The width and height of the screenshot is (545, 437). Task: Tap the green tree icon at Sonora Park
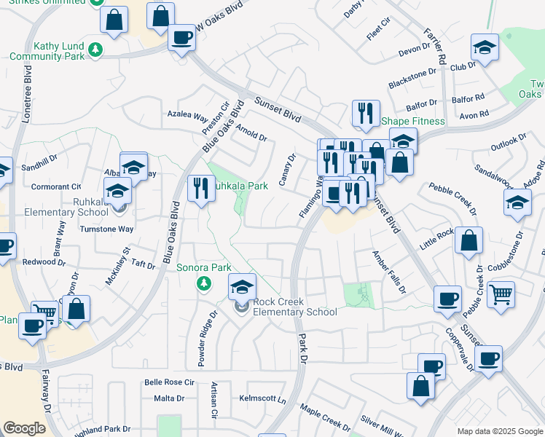[x=205, y=283]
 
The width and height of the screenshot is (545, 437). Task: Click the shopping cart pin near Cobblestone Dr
[x=501, y=294]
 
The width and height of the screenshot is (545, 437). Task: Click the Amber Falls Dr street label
[x=388, y=272]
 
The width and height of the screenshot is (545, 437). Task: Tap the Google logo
[x=24, y=428]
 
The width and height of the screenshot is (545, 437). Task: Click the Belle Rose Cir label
[x=169, y=382]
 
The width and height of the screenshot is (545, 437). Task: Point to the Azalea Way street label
[x=188, y=115]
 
